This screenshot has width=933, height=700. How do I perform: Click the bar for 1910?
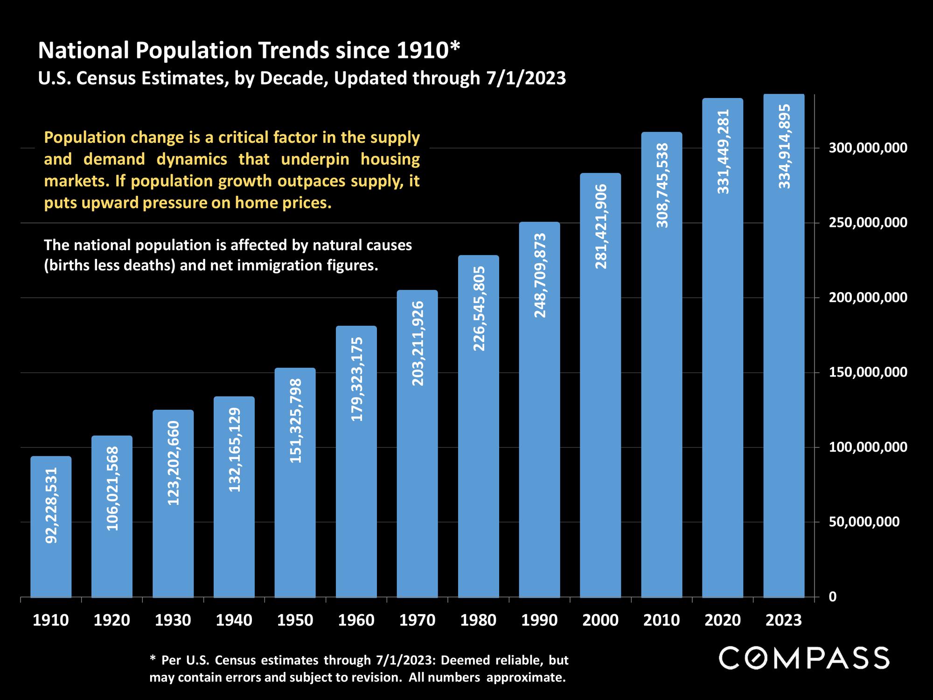click(51, 527)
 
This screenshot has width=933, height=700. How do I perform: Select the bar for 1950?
click(295, 483)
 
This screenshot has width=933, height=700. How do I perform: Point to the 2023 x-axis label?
click(784, 620)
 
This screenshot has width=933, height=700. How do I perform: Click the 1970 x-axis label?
click(418, 620)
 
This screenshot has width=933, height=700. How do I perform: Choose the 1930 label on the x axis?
click(173, 620)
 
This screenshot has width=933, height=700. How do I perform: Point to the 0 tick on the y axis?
click(833, 597)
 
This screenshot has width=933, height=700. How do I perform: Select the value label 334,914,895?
click(785, 147)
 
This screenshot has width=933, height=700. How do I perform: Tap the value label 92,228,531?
click(51, 505)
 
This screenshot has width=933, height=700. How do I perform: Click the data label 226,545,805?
click(479, 309)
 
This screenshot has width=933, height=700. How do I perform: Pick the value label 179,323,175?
click(357, 379)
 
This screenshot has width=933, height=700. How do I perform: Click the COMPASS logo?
click(804, 658)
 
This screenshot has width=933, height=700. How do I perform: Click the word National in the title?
click(83, 50)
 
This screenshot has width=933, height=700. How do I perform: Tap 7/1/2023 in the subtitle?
click(526, 78)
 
